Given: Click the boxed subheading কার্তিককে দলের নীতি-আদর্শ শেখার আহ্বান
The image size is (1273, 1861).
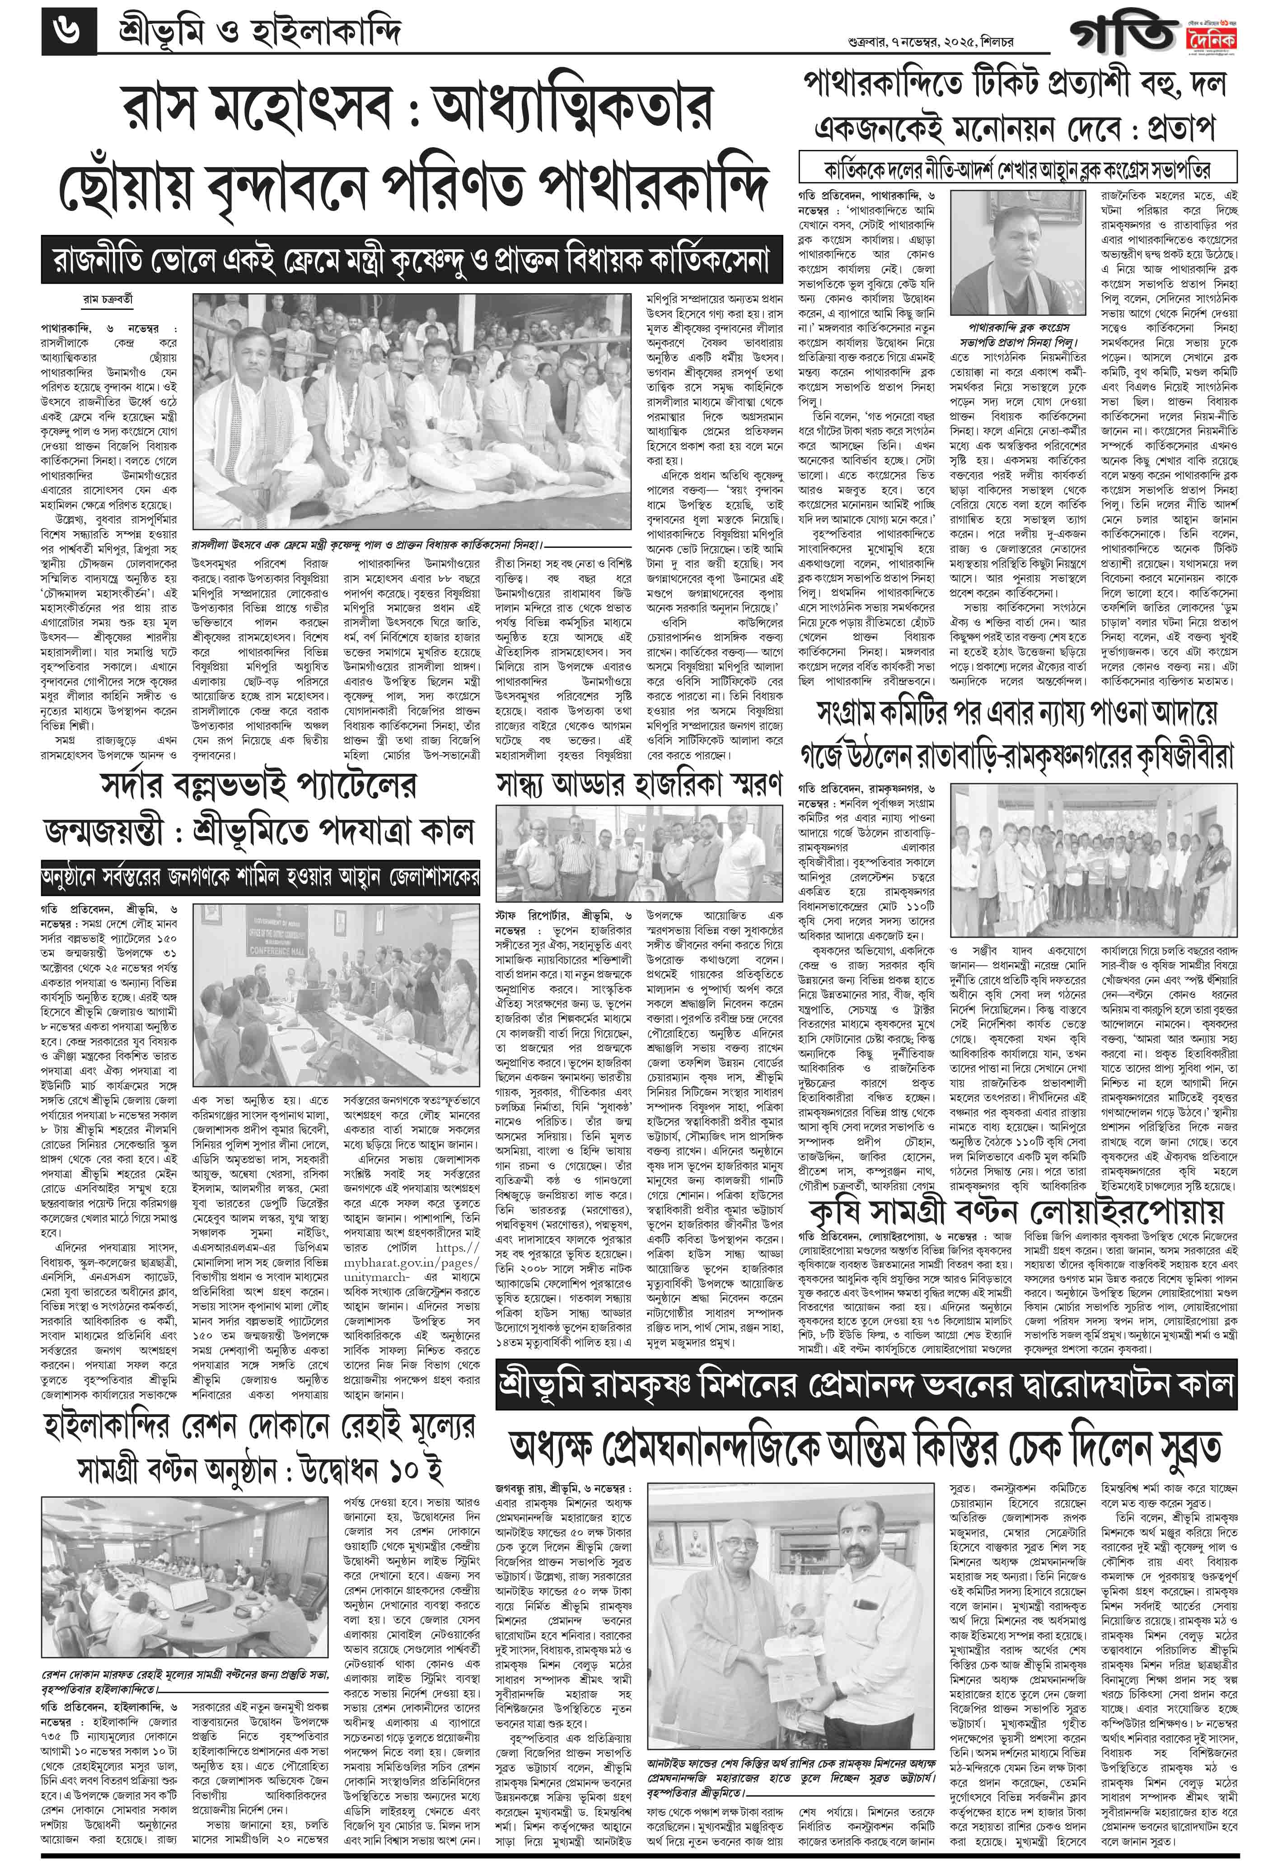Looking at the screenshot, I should [1017, 170].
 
